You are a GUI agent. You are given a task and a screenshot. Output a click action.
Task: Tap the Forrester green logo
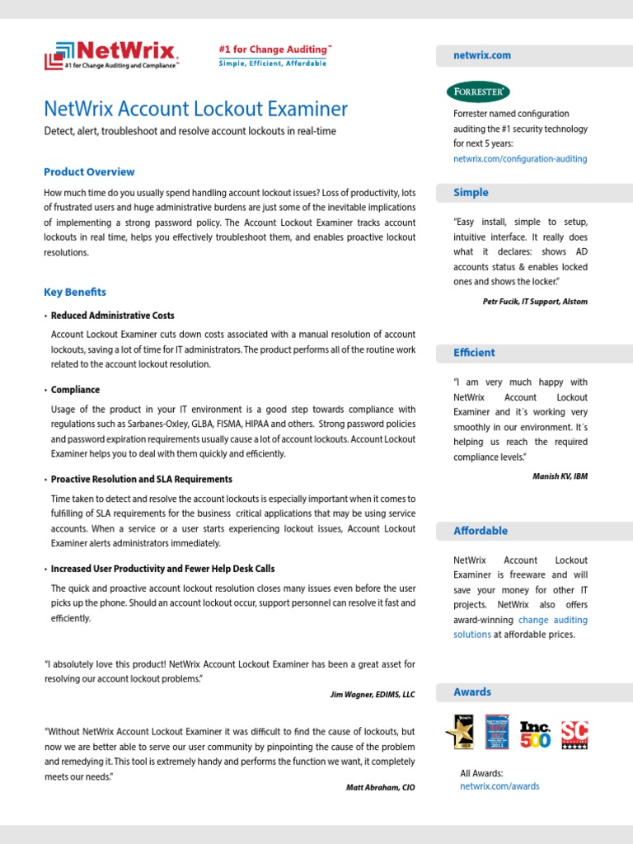[x=478, y=91]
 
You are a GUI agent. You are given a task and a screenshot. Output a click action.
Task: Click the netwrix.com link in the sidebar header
[x=482, y=55]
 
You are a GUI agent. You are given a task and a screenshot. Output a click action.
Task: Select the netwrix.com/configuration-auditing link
[x=520, y=158]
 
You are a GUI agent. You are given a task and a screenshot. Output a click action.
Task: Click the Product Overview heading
[x=89, y=172]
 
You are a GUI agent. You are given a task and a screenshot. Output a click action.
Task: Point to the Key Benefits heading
[x=75, y=292]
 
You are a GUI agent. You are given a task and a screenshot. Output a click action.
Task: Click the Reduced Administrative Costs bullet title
[x=113, y=316]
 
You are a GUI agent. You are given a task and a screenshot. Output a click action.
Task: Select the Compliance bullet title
[x=75, y=390]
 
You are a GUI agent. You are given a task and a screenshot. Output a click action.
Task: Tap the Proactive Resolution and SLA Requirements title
[x=142, y=479]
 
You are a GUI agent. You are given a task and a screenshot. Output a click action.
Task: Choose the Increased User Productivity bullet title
[x=163, y=569]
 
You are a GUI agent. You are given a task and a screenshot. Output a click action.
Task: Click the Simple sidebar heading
[x=471, y=192]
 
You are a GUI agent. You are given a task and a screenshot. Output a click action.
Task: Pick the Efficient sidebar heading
[x=474, y=353]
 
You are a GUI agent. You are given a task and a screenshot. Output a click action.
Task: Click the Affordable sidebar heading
[x=481, y=531]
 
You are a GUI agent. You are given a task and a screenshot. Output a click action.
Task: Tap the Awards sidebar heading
[x=472, y=692]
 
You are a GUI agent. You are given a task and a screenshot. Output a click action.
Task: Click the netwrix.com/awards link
[x=499, y=786]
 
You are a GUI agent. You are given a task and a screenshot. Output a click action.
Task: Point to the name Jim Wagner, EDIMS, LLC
[x=373, y=695]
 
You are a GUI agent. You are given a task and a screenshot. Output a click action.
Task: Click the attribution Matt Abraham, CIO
[x=381, y=788]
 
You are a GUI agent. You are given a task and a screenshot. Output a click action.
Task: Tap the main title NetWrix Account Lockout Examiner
[x=196, y=109]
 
